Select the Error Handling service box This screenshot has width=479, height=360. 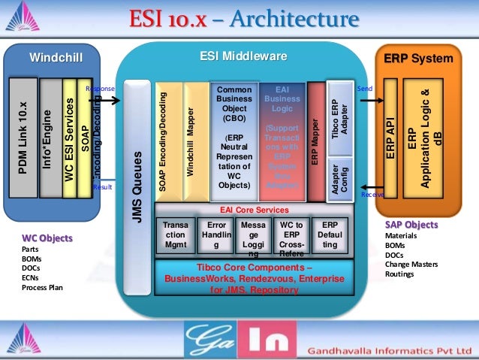click(216, 234)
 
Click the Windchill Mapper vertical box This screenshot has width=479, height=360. click(191, 139)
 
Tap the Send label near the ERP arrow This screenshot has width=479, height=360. click(366, 88)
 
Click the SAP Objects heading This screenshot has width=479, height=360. click(411, 225)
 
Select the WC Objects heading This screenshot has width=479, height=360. click(47, 238)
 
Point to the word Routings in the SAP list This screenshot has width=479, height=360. click(399, 274)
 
